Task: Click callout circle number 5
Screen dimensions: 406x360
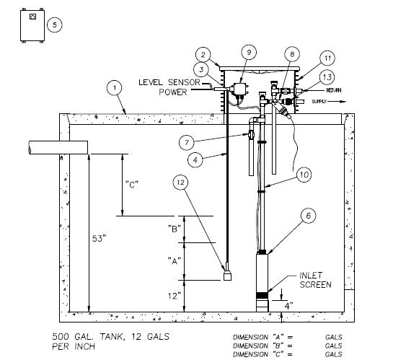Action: pos(55,25)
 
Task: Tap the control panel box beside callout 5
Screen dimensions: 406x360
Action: pos(32,25)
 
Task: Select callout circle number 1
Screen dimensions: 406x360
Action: pos(115,88)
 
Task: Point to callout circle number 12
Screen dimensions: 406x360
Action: pos(180,183)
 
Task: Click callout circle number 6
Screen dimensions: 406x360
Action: pos(308,216)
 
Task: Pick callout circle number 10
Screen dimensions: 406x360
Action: pos(304,175)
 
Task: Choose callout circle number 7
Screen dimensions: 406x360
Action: pos(187,142)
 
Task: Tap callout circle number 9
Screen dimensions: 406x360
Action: pos(249,53)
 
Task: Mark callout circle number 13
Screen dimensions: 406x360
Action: pos(327,77)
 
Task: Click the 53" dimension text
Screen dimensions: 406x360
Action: pos(99,238)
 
